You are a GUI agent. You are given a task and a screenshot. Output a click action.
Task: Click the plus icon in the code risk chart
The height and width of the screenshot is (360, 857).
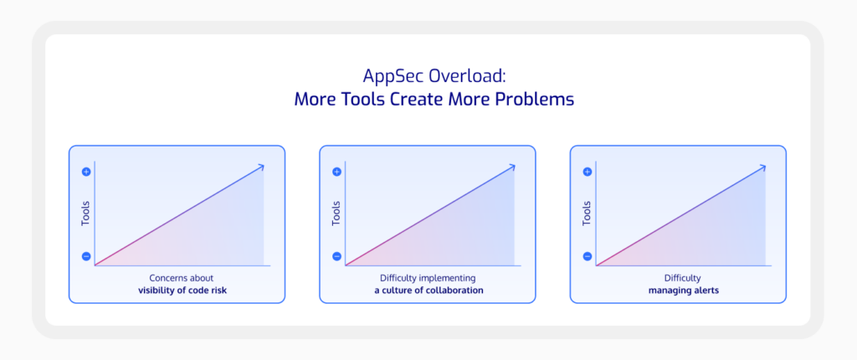86,172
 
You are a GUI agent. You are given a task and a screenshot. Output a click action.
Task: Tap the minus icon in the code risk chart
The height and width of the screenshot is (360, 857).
86,256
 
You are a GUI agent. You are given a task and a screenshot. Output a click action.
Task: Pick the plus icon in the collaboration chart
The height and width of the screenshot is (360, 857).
336,172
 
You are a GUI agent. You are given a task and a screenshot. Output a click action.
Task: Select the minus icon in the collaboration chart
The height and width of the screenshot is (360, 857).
336,256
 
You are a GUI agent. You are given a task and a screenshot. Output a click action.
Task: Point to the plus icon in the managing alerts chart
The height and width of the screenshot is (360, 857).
588,172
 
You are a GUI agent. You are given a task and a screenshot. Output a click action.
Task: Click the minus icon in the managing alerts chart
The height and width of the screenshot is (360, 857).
588,256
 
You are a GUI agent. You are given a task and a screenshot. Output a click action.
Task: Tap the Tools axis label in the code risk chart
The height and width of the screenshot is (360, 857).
85,214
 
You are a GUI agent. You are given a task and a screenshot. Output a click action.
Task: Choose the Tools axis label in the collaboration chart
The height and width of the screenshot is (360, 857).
336,214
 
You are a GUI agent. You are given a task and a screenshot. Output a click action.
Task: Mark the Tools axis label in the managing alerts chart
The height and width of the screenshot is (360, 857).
587,214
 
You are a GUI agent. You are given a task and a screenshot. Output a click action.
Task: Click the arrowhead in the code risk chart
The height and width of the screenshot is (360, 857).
261,167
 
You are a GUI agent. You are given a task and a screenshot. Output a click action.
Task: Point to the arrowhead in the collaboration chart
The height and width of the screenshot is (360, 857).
511,167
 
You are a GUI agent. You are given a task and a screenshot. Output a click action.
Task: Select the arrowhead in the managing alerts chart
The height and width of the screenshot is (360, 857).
762,167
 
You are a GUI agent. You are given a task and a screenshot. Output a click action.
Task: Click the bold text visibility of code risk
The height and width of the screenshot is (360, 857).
182,291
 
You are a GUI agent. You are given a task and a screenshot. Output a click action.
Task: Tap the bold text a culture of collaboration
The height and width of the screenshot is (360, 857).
428,291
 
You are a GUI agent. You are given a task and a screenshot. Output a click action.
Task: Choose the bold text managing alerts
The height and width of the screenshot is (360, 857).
683,291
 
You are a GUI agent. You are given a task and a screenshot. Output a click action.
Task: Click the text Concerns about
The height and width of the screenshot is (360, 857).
182,278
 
